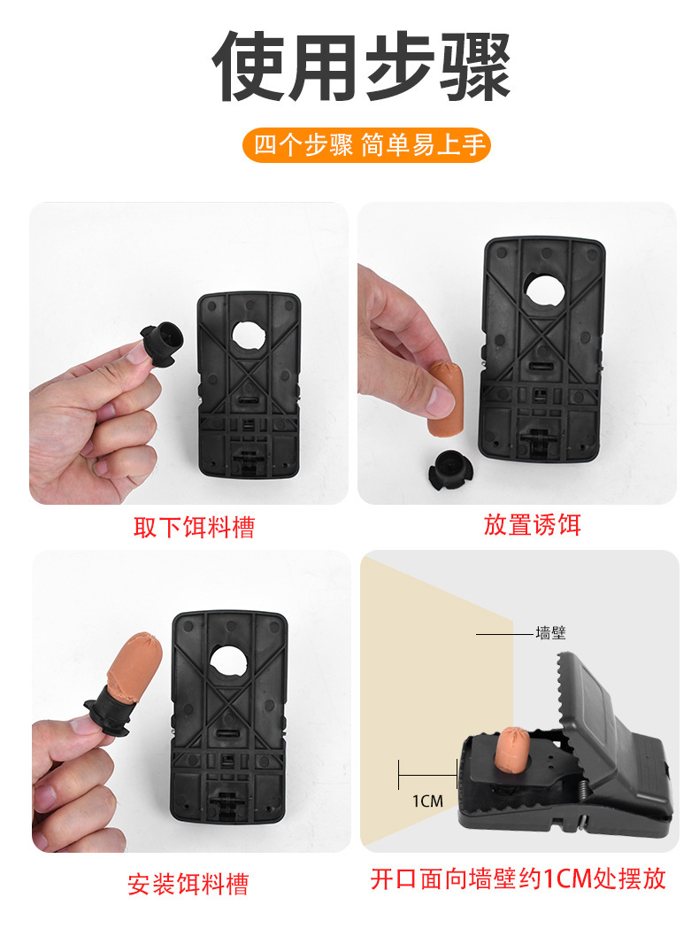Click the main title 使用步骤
[x=362, y=66]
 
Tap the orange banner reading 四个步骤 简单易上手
[x=366, y=145]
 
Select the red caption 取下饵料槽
[x=195, y=527]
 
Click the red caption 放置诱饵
[x=533, y=524]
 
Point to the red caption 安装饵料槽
[x=188, y=884]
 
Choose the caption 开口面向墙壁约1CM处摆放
[x=518, y=878]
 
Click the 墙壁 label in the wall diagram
[x=550, y=633]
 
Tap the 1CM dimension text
[x=427, y=801]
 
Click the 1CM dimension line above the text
[x=427, y=775]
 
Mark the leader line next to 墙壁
[x=504, y=634]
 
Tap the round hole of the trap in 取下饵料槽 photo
[x=249, y=336]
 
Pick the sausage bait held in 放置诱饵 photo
[x=445, y=398]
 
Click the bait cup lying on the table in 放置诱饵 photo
[x=450, y=468]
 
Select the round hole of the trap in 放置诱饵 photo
[x=545, y=291]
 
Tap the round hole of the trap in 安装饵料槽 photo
[x=228, y=662]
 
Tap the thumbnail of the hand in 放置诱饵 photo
[x=442, y=400]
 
